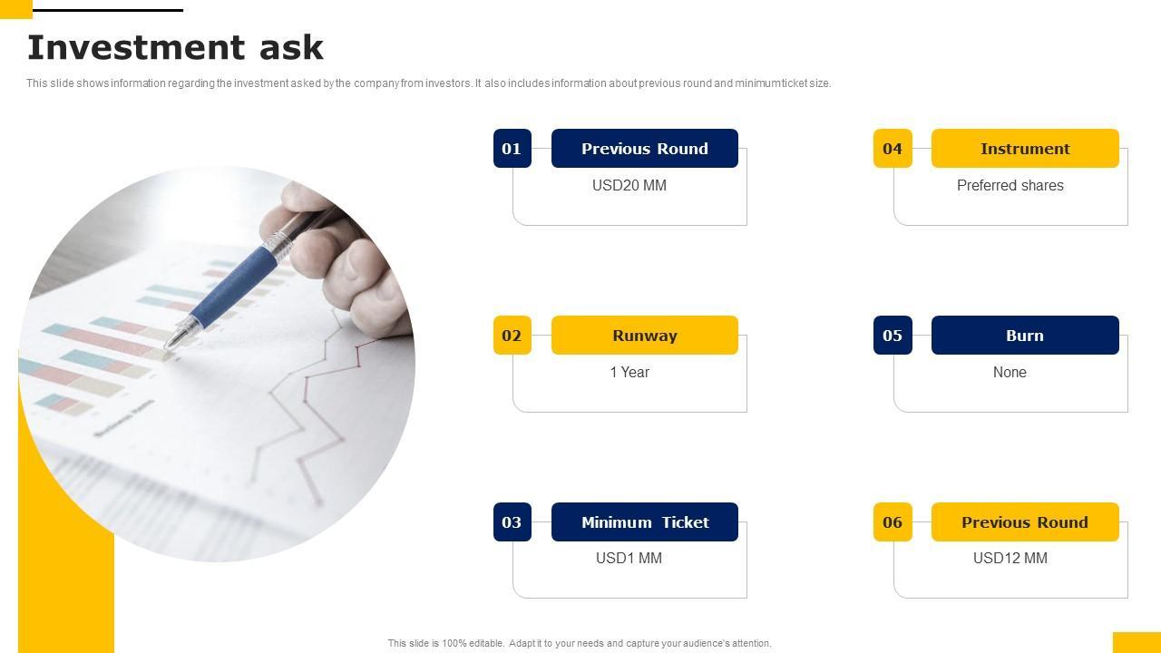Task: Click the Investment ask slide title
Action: pyautogui.click(x=175, y=47)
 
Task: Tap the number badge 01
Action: pyautogui.click(x=512, y=148)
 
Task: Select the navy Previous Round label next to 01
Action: pyautogui.click(x=644, y=148)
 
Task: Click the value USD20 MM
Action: pyautogui.click(x=629, y=185)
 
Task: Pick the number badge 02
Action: pyautogui.click(x=512, y=336)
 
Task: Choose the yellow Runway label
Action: pyautogui.click(x=644, y=336)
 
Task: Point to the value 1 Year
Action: pyautogui.click(x=629, y=372)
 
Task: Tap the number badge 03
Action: pyautogui.click(x=512, y=521)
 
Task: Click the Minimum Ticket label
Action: pyautogui.click(x=644, y=521)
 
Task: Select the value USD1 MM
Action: pyautogui.click(x=629, y=558)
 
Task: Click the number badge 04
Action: pyautogui.click(x=893, y=148)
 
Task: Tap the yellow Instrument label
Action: pyautogui.click(x=1025, y=148)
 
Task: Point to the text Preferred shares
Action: pyautogui.click(x=1010, y=185)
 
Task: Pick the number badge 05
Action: pyautogui.click(x=893, y=336)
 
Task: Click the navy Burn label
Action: pyautogui.click(x=1025, y=336)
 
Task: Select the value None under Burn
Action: pyautogui.click(x=1010, y=372)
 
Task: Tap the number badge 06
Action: pyautogui.click(x=893, y=521)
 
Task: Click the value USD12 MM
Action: pyautogui.click(x=1010, y=558)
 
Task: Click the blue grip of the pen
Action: pyautogui.click(x=233, y=287)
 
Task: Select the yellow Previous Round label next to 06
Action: pyautogui.click(x=1025, y=521)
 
